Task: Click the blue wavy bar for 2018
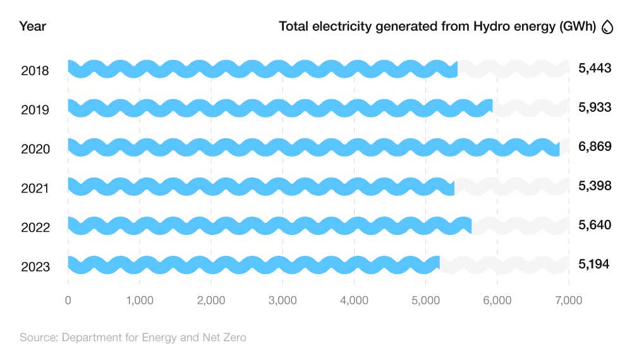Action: point(262,69)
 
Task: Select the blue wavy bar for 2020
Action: point(313,147)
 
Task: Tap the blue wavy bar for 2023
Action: point(253,265)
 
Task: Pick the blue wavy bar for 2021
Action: point(260,186)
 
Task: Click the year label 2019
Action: point(35,109)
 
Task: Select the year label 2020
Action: point(35,148)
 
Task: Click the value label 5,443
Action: point(595,68)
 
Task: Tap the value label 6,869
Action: point(595,147)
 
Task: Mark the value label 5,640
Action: point(595,225)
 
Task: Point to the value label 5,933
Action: point(595,107)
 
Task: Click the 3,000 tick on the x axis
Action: point(283,301)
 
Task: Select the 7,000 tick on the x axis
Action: point(568,301)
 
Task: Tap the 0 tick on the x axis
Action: point(68,301)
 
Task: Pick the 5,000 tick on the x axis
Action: point(425,301)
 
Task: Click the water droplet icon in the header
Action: point(608,27)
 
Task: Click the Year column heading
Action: point(32,27)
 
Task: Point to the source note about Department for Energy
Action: point(133,338)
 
